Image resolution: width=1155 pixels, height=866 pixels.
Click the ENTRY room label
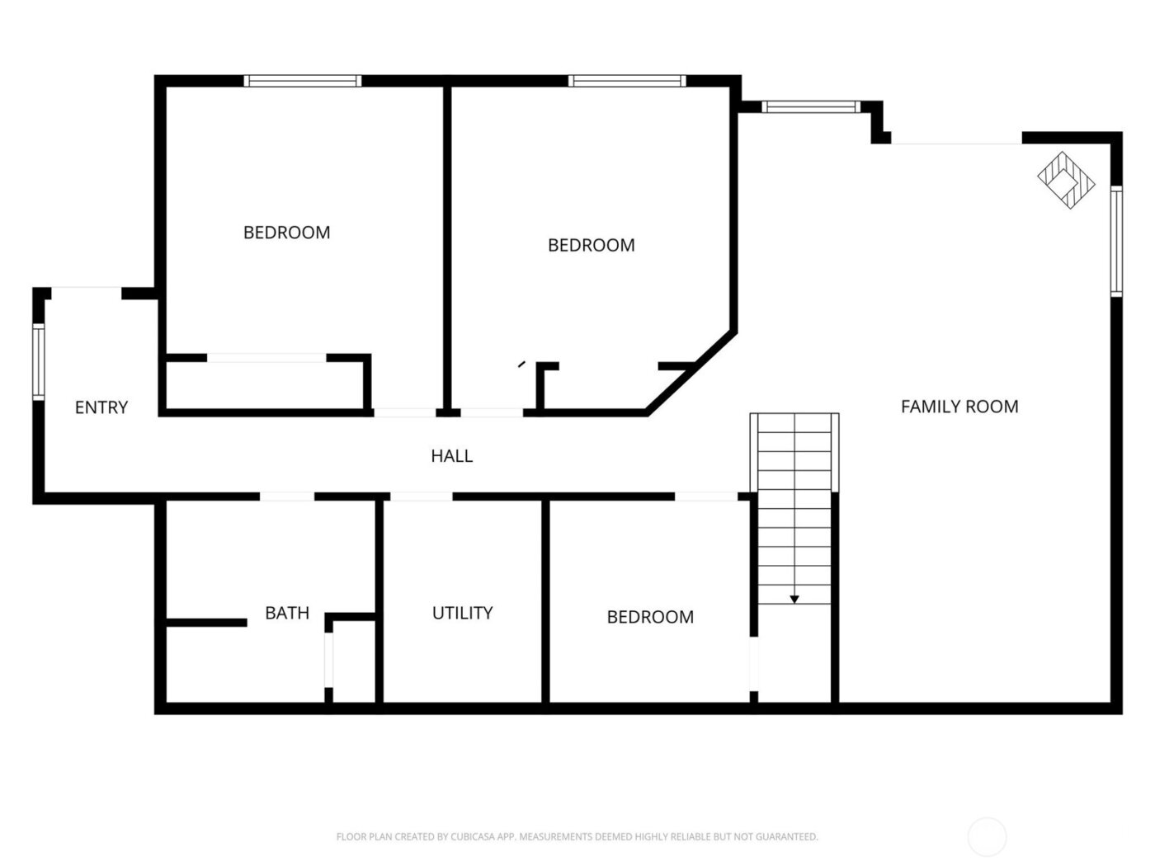(x=101, y=407)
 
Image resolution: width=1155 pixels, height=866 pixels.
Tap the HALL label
(x=451, y=456)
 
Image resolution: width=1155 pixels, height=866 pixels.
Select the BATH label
(x=287, y=613)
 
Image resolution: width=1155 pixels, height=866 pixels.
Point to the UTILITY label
(x=462, y=613)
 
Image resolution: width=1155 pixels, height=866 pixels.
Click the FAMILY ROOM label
(x=959, y=407)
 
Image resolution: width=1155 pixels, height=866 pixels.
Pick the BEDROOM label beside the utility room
(x=650, y=617)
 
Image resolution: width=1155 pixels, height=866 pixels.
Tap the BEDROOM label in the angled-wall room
(x=591, y=245)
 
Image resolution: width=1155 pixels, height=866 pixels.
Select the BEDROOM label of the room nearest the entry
(x=286, y=233)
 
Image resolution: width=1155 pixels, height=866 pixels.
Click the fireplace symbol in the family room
(x=1066, y=180)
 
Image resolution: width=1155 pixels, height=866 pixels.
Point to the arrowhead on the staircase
(x=794, y=600)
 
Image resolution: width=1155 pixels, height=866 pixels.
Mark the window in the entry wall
(x=38, y=362)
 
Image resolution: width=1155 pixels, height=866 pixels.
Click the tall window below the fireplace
(x=1116, y=241)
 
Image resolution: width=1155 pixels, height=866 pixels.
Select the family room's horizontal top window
(x=810, y=106)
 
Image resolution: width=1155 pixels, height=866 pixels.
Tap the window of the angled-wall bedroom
(x=627, y=81)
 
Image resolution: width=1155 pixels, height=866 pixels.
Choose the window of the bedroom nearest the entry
(x=303, y=81)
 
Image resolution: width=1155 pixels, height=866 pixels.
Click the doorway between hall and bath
(x=287, y=497)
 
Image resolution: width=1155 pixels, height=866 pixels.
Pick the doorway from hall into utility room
(x=421, y=497)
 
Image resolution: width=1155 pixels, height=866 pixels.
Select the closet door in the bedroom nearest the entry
(x=266, y=358)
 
